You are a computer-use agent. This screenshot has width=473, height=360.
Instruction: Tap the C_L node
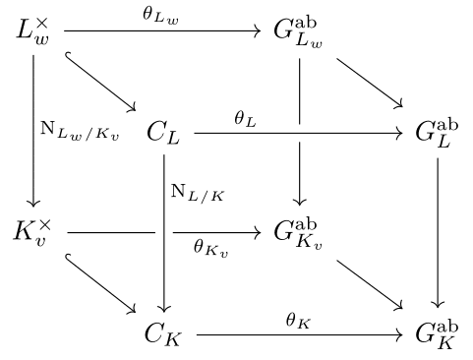(x=164, y=132)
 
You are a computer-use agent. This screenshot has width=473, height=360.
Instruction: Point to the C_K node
(x=164, y=334)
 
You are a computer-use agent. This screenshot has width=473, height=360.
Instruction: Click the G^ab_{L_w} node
(x=300, y=31)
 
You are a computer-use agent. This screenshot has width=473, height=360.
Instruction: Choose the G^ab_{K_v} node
(x=300, y=233)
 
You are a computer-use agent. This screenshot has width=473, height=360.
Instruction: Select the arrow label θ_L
(x=245, y=117)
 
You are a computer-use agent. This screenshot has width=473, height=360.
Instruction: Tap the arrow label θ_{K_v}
(x=211, y=250)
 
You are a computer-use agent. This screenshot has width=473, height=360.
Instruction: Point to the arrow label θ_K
(x=298, y=319)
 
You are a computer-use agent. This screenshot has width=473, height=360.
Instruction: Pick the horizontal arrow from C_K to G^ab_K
(x=300, y=335)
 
